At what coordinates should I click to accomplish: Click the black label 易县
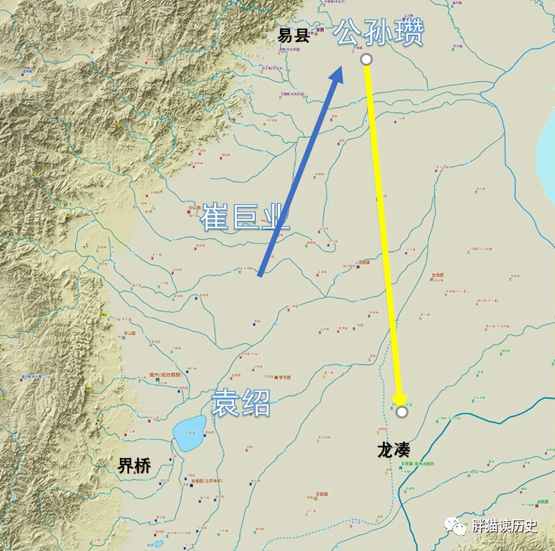pos(293,35)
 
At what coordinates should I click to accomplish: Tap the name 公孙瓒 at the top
pos(379,33)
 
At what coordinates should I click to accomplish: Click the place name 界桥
pos(134,465)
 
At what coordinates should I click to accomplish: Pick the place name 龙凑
pos(394,450)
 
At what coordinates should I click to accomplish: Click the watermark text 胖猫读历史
pos(504,526)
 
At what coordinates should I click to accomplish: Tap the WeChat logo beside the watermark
pos(455,526)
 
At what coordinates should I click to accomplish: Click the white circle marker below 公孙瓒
pos(366,59)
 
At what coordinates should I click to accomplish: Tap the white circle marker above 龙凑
pos(402,412)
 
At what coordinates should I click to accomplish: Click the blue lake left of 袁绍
pos(189,433)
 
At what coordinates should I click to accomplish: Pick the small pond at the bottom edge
pos(158,544)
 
